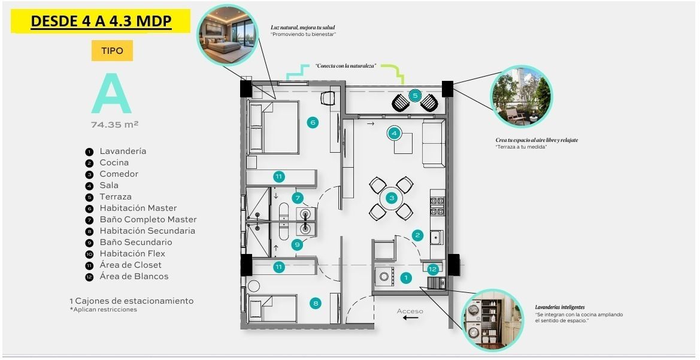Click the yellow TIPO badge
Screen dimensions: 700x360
click(x=112, y=50)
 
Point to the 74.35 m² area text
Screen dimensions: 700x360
click(x=115, y=125)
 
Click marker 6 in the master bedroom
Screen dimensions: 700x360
click(x=313, y=122)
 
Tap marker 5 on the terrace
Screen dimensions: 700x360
click(x=415, y=95)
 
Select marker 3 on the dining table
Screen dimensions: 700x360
click(x=392, y=198)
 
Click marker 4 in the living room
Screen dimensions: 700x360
click(x=394, y=133)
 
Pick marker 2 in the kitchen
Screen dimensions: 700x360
click(x=417, y=235)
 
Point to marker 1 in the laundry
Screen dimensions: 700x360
click(x=406, y=278)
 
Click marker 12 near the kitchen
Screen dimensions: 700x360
click(x=432, y=269)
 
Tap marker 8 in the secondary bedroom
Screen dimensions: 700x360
click(x=316, y=304)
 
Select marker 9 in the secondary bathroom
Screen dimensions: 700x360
click(x=297, y=244)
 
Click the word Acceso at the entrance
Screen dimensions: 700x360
click(x=410, y=311)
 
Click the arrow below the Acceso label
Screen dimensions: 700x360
click(x=410, y=318)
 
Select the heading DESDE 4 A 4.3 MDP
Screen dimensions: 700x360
click(x=101, y=21)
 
